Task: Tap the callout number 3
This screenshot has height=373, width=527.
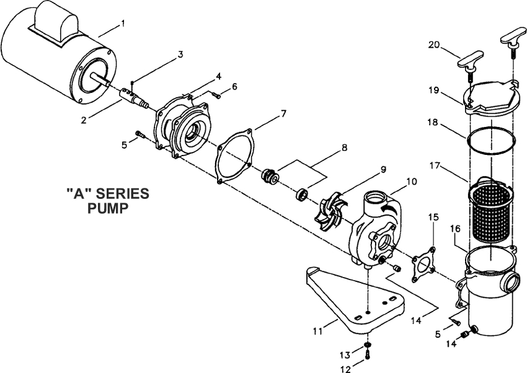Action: coord(180,55)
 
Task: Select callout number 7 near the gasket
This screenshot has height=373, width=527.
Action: coord(283,114)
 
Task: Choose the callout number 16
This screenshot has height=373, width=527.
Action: coord(454,229)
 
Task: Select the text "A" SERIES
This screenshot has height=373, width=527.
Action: coord(107,193)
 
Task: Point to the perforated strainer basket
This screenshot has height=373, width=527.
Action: coord(490,211)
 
